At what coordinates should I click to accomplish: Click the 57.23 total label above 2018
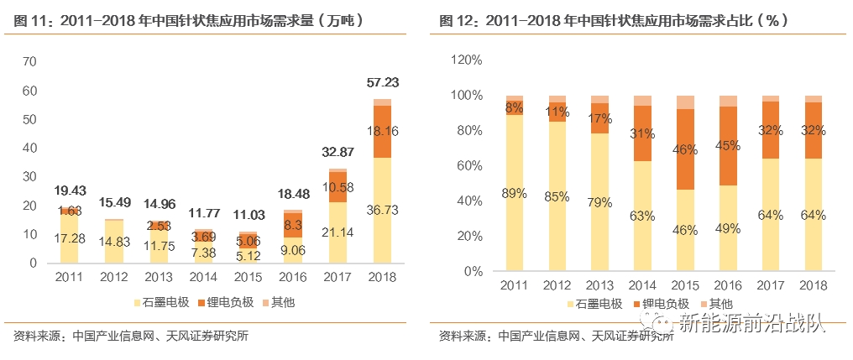[383, 82]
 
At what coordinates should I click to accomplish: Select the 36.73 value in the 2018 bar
[383, 211]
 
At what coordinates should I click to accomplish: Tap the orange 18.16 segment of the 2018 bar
[383, 131]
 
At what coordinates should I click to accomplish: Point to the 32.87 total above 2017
[338, 153]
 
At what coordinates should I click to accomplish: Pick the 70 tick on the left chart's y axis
[31, 61]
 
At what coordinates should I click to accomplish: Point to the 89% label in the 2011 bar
[515, 193]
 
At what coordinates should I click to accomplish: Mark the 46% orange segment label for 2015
[686, 150]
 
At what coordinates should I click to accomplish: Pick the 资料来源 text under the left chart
[38, 337]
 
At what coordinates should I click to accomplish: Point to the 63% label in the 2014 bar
[643, 216]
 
